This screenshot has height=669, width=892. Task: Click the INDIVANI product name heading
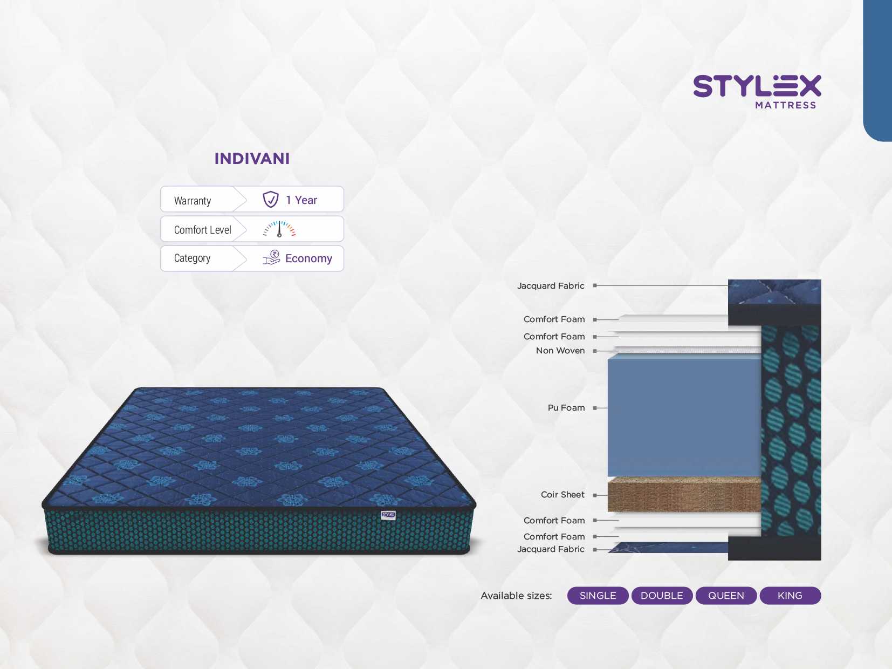pyautogui.click(x=252, y=159)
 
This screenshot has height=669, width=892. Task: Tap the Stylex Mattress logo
pyautogui.click(x=757, y=92)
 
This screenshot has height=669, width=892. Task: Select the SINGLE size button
pyautogui.click(x=598, y=596)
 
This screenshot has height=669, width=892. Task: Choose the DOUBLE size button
pyautogui.click(x=662, y=596)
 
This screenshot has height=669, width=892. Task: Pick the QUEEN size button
pyautogui.click(x=726, y=596)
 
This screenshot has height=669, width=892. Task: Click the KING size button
pyautogui.click(x=790, y=596)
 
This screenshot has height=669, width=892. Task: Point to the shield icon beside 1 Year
pyautogui.click(x=271, y=199)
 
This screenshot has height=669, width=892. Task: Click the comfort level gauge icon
pyautogui.click(x=279, y=229)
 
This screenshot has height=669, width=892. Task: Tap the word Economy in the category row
pyautogui.click(x=308, y=258)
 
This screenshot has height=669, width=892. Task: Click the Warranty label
pyautogui.click(x=192, y=201)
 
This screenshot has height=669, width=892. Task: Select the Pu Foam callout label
pyautogui.click(x=566, y=408)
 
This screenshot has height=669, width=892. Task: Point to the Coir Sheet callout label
pyautogui.click(x=562, y=495)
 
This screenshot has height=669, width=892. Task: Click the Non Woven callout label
pyautogui.click(x=560, y=350)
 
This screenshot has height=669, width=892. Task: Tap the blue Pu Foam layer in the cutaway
pyautogui.click(x=684, y=417)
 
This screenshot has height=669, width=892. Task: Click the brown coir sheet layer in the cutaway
pyautogui.click(x=684, y=495)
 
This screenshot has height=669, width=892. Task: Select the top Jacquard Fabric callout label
pyautogui.click(x=551, y=286)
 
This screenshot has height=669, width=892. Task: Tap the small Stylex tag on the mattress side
pyautogui.click(x=388, y=515)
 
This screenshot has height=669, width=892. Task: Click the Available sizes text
pyautogui.click(x=516, y=596)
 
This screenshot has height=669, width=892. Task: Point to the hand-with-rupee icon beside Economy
pyautogui.click(x=271, y=257)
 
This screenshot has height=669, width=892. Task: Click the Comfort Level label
pyautogui.click(x=202, y=230)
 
